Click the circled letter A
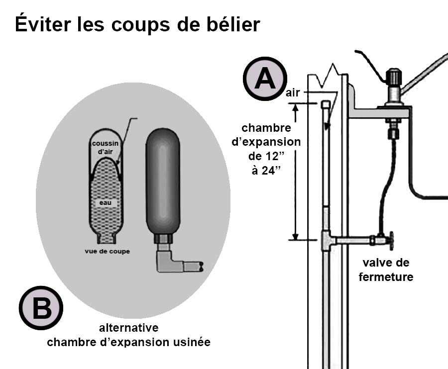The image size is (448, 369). pos(265,79)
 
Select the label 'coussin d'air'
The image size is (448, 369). pos(105,148)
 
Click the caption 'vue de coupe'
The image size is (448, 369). pos(107,251)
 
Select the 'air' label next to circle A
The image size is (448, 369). pos(294,92)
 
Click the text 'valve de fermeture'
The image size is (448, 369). pos(386,270)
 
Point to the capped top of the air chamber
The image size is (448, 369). pos(325,105)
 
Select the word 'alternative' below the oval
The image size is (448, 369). pos(128,328)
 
